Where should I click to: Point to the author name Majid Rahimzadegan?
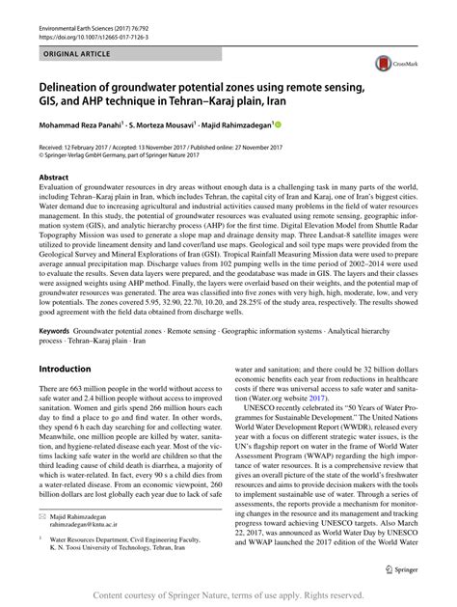point(230,125)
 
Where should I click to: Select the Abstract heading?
point(53,178)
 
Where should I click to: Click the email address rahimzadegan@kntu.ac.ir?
point(86,528)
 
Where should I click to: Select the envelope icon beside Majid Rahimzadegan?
point(42,519)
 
